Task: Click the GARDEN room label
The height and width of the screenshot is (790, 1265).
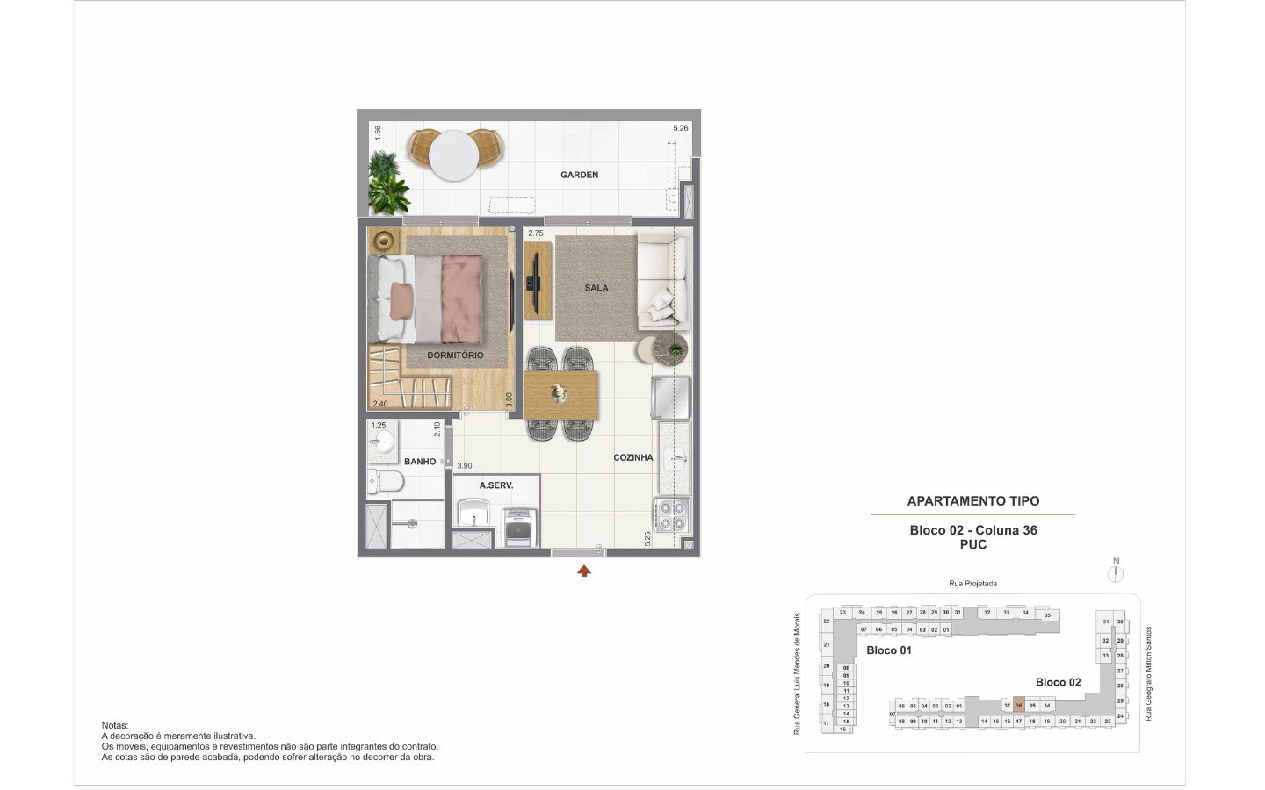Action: (x=580, y=175)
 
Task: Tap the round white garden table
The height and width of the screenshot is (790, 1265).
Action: (x=453, y=154)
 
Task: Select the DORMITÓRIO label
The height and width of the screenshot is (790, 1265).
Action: (x=455, y=355)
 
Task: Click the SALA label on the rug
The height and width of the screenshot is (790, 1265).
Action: (x=596, y=288)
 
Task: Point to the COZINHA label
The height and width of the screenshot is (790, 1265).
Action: (x=632, y=457)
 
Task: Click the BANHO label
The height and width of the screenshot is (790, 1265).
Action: (x=420, y=462)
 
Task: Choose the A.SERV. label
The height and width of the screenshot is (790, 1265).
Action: (x=495, y=485)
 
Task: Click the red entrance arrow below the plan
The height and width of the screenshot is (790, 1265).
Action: (x=584, y=571)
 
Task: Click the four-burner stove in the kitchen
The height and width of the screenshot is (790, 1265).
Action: (x=673, y=516)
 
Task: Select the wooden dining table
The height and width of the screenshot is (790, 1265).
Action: (x=560, y=394)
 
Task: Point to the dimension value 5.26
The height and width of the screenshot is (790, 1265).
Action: (x=681, y=128)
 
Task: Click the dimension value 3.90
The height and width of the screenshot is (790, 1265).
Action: (x=465, y=466)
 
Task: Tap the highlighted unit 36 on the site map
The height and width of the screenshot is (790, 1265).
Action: (x=1019, y=706)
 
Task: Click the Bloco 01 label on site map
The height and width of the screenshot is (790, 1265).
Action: (x=889, y=650)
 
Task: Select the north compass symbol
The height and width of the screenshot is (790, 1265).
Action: (x=1116, y=573)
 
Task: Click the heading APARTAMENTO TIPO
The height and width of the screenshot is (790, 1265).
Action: (x=972, y=501)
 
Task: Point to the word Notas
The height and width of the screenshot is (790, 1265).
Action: (x=115, y=725)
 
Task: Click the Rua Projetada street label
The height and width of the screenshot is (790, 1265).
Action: (x=972, y=584)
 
